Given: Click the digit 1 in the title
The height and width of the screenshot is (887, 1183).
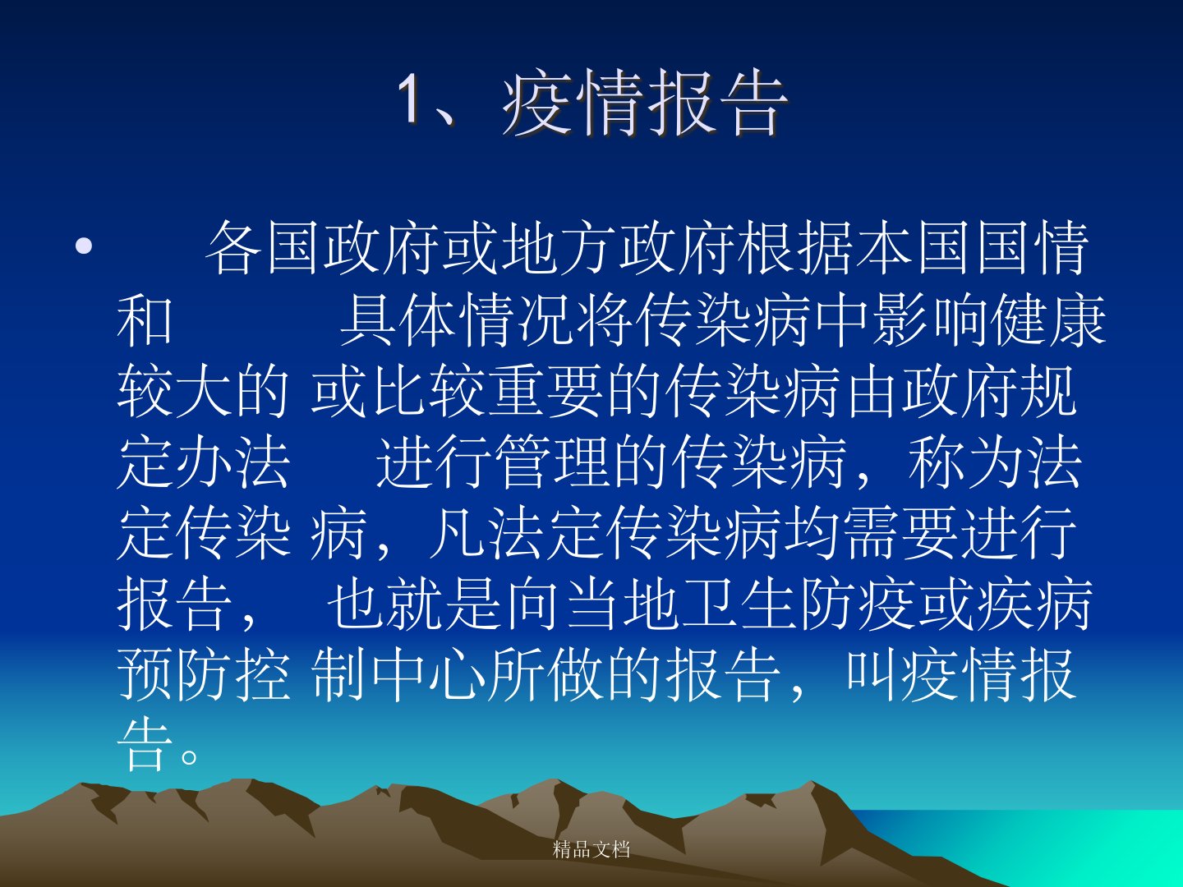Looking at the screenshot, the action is tap(411, 99).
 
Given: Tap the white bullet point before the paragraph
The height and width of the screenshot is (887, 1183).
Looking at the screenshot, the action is tap(84, 246).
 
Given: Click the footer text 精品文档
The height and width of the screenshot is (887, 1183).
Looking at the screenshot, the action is tap(591, 850).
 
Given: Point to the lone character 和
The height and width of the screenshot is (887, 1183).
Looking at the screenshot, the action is tap(145, 320).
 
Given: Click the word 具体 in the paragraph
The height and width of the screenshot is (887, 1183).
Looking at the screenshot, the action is tap(398, 320).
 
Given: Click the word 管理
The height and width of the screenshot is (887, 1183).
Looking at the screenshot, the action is tap(552, 462).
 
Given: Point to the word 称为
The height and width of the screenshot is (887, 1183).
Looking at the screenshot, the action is tap(965, 462).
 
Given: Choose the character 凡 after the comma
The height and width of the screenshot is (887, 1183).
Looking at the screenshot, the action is tap(457, 534).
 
